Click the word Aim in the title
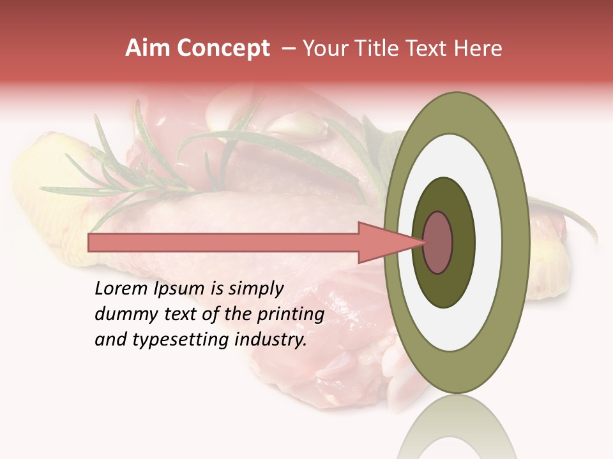148,48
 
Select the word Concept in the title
223,49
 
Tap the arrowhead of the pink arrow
390,242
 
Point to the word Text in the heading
432,48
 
